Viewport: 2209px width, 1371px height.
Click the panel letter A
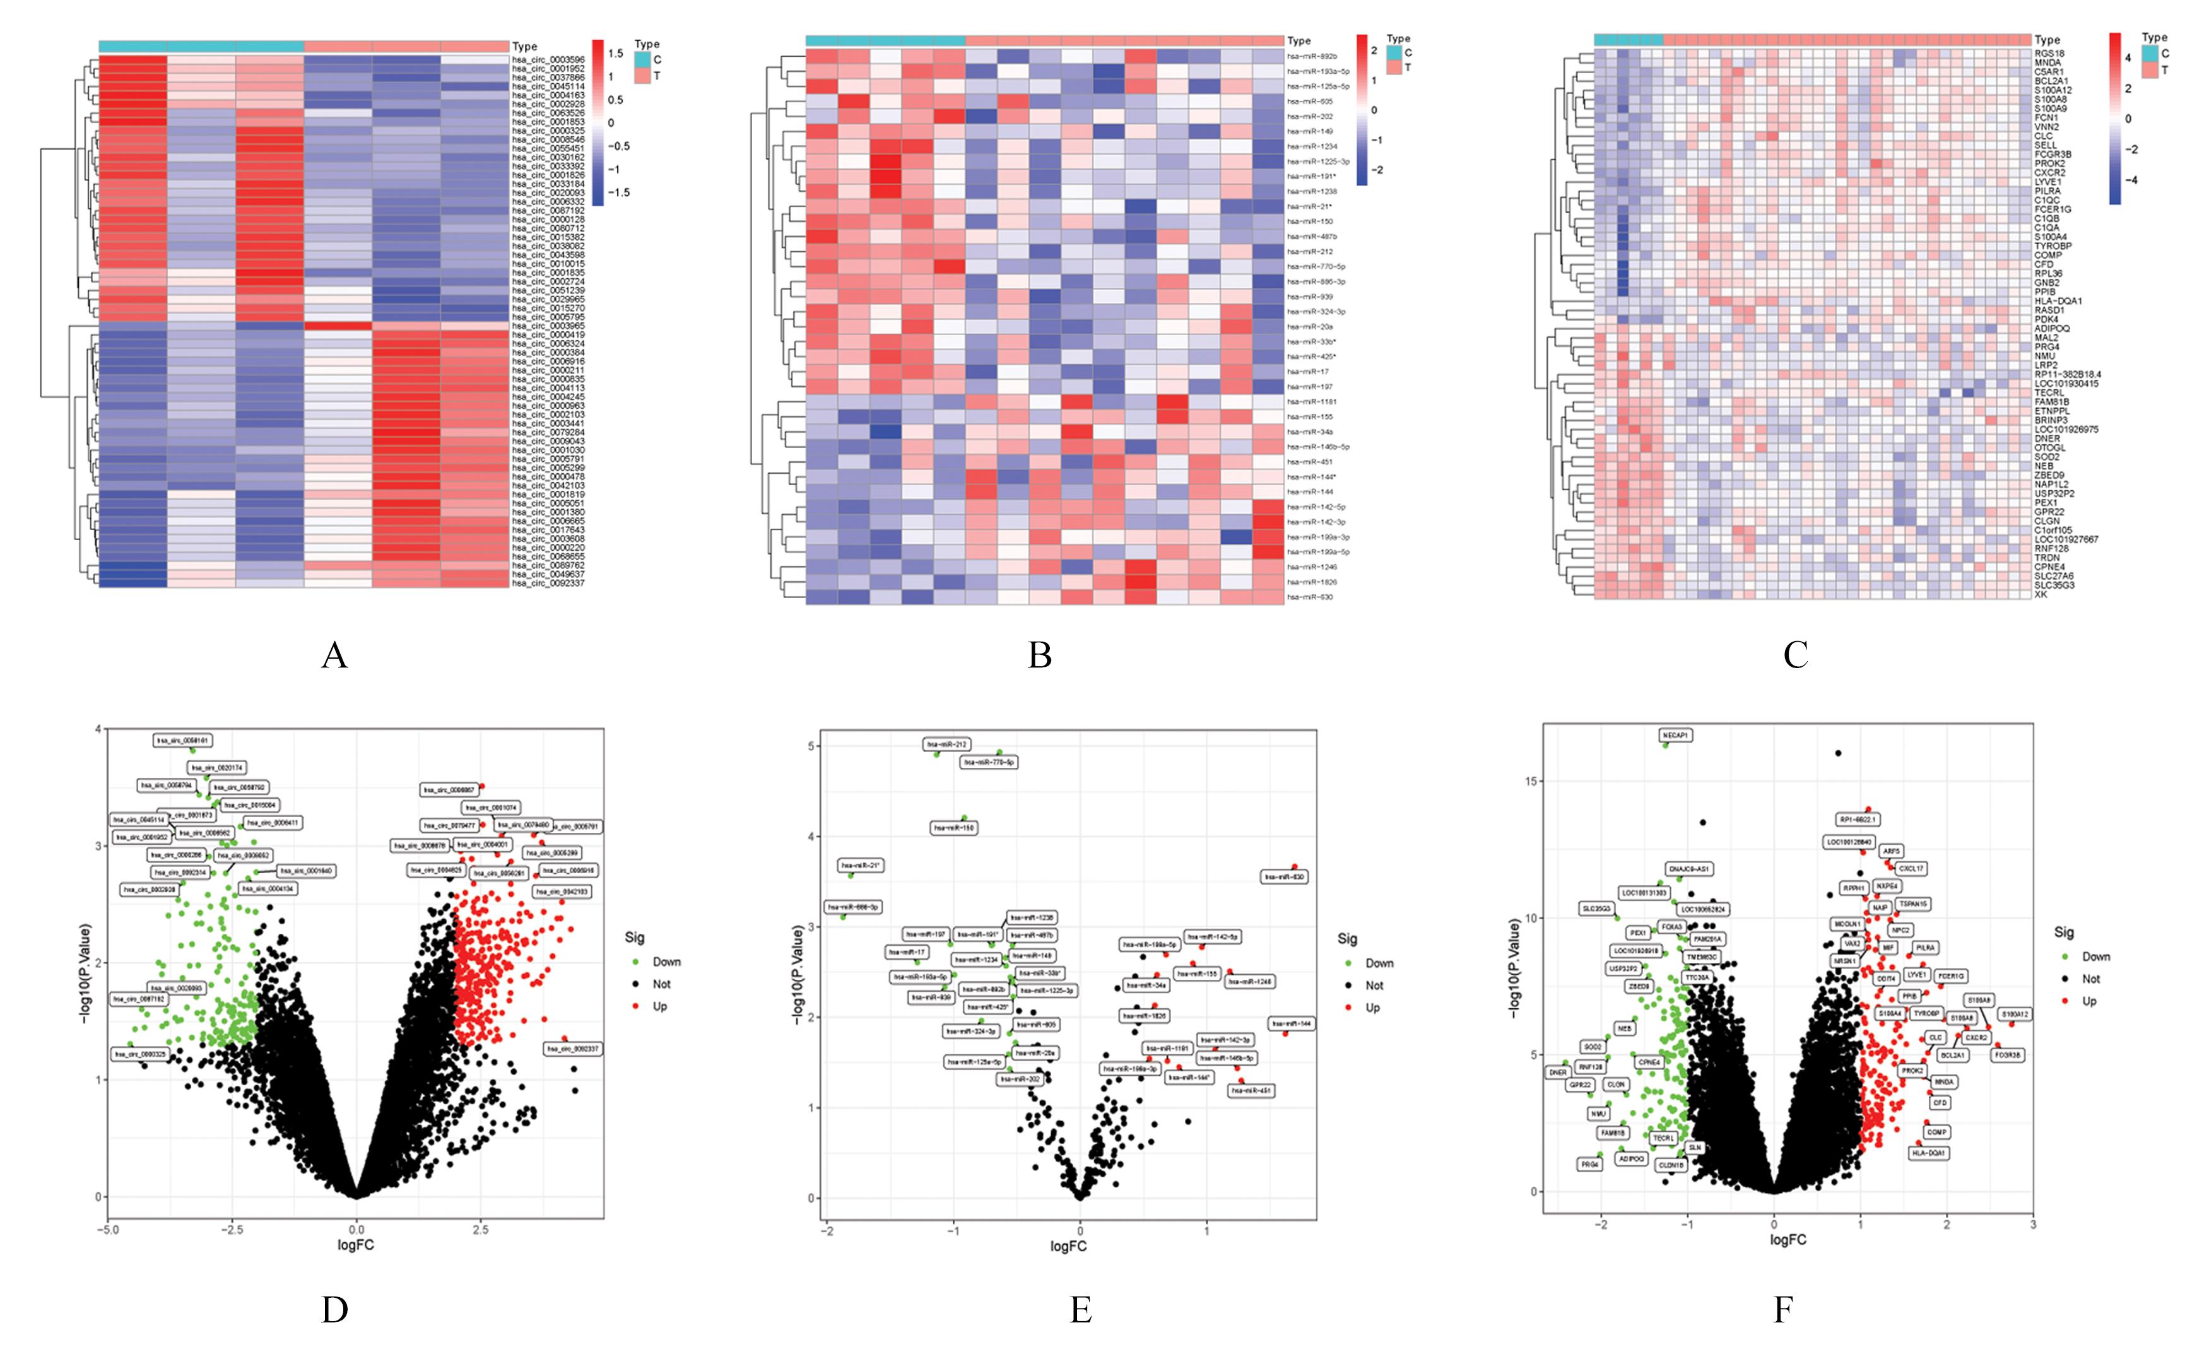point(334,655)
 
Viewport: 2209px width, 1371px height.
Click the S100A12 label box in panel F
point(2015,1014)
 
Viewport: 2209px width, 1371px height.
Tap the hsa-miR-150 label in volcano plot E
point(954,828)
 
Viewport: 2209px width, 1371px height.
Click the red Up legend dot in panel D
point(635,1006)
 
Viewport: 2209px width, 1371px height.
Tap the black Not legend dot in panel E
point(1348,986)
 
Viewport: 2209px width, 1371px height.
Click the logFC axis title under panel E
point(1068,1247)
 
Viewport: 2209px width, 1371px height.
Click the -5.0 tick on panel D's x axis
point(107,1230)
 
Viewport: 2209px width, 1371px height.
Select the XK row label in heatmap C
point(2041,595)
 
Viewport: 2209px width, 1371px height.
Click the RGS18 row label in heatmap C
point(2049,54)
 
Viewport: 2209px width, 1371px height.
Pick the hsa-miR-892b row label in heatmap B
point(1311,56)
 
